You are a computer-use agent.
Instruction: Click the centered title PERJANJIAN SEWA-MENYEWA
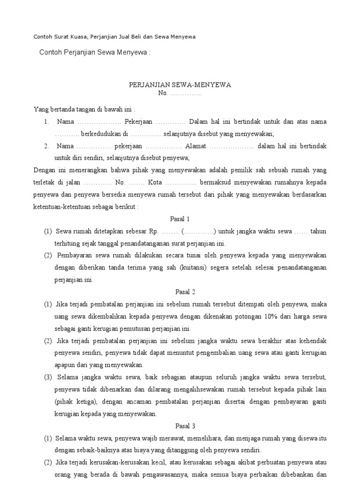[x=180, y=85]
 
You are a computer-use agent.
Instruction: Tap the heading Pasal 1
[x=180, y=219]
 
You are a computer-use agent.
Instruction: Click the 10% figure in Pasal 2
[x=271, y=316]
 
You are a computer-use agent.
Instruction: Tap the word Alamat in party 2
[x=195, y=146]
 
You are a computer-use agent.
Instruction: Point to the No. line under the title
[x=180, y=94]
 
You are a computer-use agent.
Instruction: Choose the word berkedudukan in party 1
[x=101, y=134]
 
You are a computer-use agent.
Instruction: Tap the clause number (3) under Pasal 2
[x=48, y=377]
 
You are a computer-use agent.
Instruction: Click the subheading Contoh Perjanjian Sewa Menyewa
[x=95, y=52]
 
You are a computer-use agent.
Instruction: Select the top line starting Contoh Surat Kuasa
[x=114, y=37]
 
